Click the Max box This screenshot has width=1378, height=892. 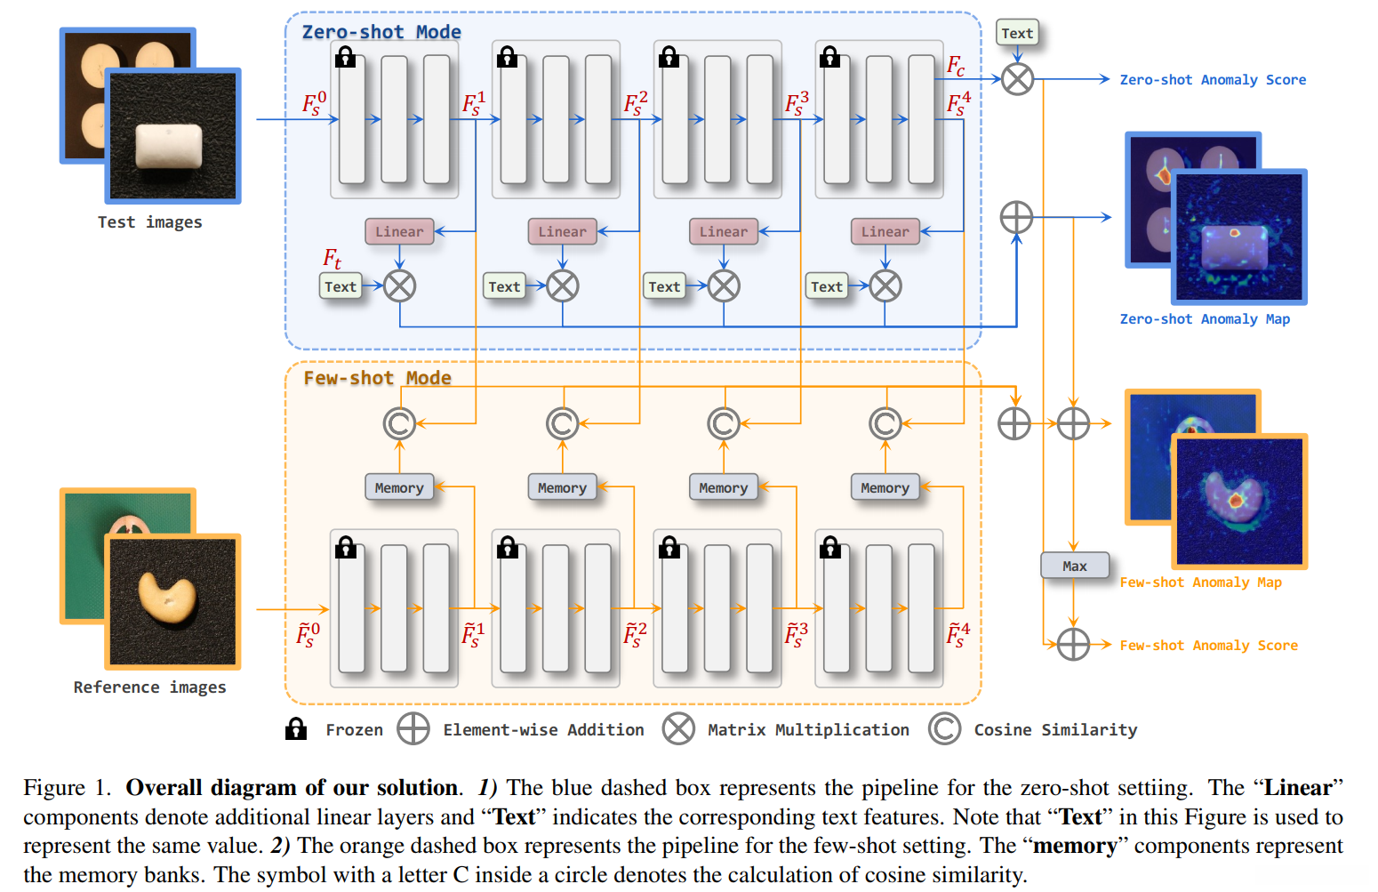click(x=1075, y=566)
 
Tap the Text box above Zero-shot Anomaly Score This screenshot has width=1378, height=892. click(x=1017, y=34)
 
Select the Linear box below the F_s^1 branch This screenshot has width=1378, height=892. click(x=399, y=231)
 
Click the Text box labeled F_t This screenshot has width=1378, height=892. click(x=340, y=286)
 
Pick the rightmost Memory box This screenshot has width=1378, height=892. click(x=885, y=487)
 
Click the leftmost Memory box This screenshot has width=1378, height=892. click(x=399, y=487)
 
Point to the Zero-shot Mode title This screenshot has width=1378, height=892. click(x=381, y=32)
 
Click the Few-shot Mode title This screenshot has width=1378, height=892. click(x=377, y=378)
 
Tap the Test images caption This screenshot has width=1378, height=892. click(x=149, y=222)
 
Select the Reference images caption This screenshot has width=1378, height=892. click(x=149, y=687)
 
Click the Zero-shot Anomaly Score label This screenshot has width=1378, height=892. click(x=1213, y=80)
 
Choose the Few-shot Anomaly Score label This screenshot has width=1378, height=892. click(x=1208, y=646)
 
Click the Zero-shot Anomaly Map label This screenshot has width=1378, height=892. click(x=1205, y=319)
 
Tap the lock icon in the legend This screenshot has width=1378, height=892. click(x=296, y=729)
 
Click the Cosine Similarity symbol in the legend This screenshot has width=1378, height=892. click(x=944, y=729)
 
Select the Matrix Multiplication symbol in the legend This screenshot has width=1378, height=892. click(x=678, y=729)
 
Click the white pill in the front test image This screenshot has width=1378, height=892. click(x=169, y=146)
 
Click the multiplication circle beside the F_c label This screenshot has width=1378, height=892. click(x=1017, y=79)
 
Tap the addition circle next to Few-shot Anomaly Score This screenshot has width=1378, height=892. click(x=1073, y=645)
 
